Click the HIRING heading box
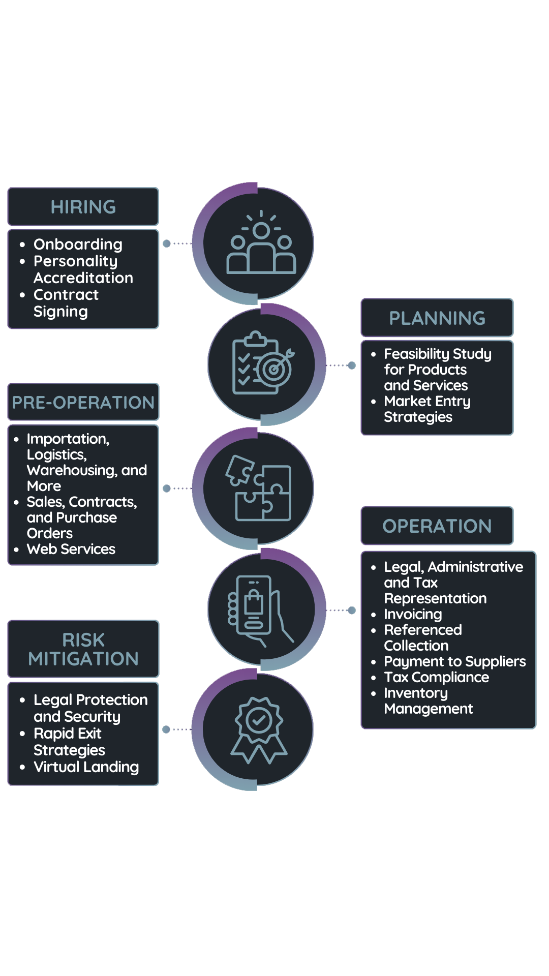[83, 206]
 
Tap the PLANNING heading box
[437, 318]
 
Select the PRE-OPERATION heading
[83, 402]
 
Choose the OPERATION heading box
[437, 526]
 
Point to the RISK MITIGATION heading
[83, 649]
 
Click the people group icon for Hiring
[261, 242]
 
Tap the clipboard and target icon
[263, 363]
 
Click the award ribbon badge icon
[259, 730]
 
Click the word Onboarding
[78, 245]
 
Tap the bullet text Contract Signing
[66, 303]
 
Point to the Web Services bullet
[71, 549]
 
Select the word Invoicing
[413, 614]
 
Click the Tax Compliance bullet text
[437, 677]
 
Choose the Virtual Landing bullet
[86, 767]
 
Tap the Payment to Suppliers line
[455, 661]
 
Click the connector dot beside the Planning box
[351, 365]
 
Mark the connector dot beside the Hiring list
[166, 243]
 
